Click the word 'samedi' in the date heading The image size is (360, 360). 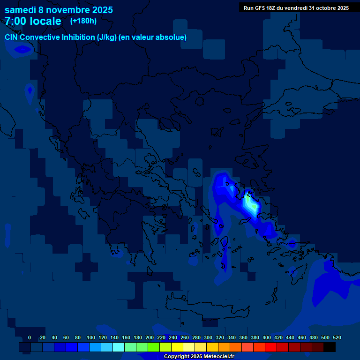click(20, 10)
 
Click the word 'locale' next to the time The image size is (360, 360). click(45, 21)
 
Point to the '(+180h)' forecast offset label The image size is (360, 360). click(83, 21)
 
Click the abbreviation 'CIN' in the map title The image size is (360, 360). click(12, 37)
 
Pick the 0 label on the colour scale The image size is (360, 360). click(30, 337)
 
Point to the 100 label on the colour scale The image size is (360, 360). click(91, 337)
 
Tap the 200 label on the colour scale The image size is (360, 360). click(150, 337)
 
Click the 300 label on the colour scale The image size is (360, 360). click(208, 337)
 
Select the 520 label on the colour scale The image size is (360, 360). click(337, 337)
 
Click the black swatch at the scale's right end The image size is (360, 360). click(330, 347)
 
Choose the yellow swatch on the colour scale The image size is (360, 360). click(177, 347)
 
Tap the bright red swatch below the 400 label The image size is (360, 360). click(271, 347)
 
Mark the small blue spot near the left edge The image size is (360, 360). click(30, 89)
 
